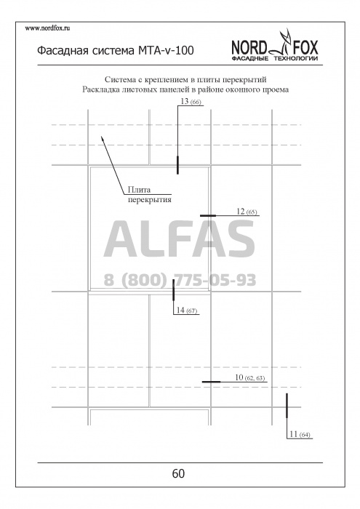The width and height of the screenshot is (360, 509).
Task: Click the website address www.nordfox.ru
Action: coord(47,28)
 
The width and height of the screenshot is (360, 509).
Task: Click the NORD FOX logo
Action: coord(275,46)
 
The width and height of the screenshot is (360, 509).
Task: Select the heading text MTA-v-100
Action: coord(166,51)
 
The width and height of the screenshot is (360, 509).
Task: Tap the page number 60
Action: coord(178,473)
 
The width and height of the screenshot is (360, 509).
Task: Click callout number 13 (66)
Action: coord(191,101)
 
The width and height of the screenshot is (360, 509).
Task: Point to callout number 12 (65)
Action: coord(247,212)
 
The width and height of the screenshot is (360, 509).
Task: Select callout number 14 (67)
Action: coord(187,310)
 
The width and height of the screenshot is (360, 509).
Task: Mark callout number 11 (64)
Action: coord(300,434)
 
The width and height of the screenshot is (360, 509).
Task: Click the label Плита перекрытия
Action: coord(149,194)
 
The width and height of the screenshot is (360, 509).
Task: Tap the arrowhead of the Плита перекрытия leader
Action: coord(103,138)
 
